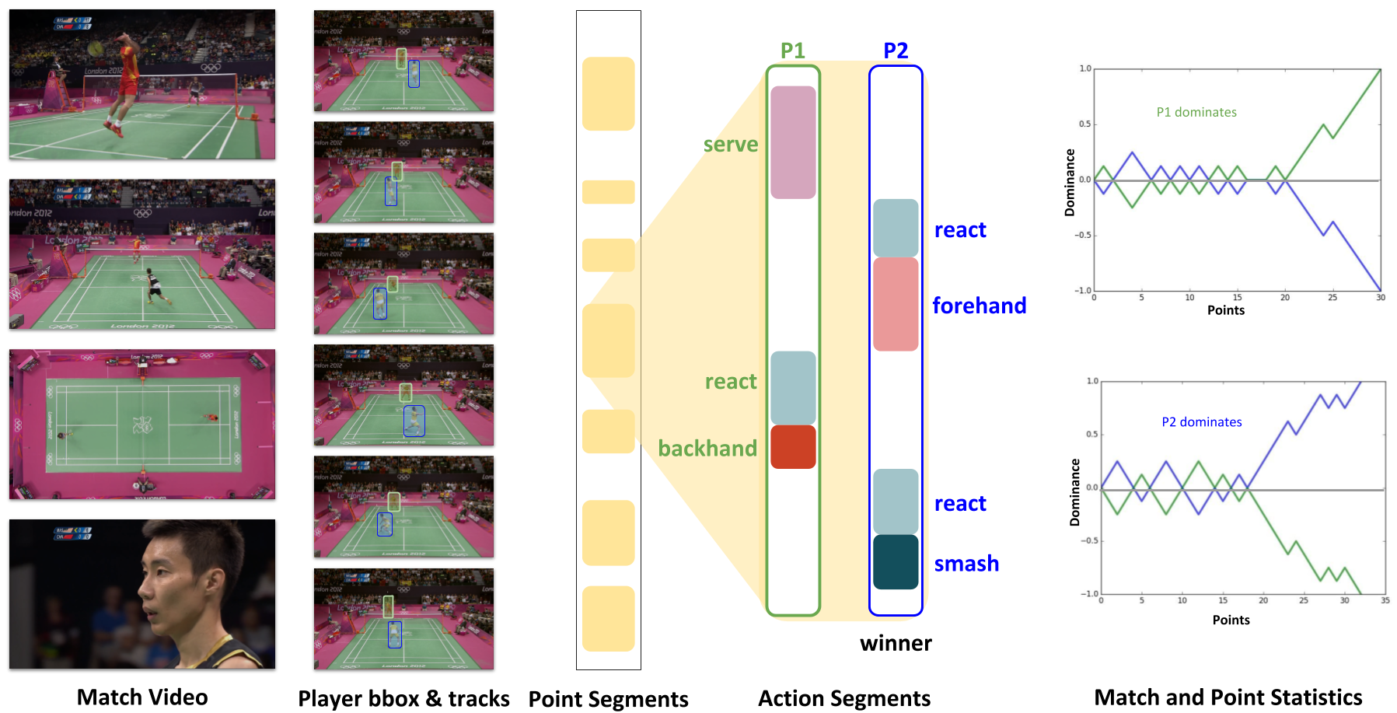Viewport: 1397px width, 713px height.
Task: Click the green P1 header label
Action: (792, 51)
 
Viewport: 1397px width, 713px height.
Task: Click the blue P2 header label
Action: (896, 51)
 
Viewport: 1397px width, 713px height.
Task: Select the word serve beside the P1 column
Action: (730, 145)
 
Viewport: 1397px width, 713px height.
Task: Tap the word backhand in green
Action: (707, 449)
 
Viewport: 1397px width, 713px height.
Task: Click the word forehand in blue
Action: (980, 306)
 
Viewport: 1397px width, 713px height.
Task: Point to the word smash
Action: (967, 564)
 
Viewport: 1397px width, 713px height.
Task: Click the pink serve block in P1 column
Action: (793, 142)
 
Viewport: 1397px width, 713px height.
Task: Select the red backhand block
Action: (793, 447)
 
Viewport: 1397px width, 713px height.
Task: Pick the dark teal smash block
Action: (896, 562)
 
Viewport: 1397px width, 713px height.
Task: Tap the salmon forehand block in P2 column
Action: (896, 304)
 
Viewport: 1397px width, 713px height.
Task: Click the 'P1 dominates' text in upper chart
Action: (1196, 112)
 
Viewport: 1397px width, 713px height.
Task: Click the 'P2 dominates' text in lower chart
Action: (1202, 422)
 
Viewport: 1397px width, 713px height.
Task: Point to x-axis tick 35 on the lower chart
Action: (1385, 600)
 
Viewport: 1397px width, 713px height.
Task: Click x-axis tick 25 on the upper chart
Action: (1332, 298)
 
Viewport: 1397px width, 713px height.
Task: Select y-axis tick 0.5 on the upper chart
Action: (1084, 124)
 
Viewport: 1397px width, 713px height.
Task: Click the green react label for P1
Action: (731, 382)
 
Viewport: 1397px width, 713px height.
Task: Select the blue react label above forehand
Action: (961, 230)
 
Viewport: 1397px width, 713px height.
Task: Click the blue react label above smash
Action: (961, 504)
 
